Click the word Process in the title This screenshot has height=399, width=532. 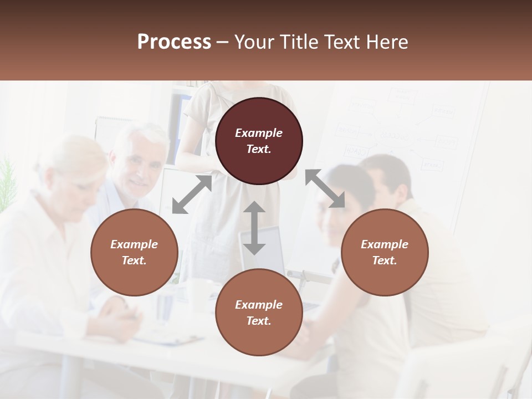coord(174,42)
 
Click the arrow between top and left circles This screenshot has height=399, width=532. coord(192,195)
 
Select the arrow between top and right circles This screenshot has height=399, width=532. coord(325,189)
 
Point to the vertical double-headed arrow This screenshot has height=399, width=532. coord(254,228)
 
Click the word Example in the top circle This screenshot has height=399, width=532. coord(259,133)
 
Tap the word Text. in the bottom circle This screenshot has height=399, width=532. coord(259,321)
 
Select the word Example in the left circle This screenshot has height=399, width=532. coord(134,244)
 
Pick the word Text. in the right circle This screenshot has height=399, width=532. coord(385,260)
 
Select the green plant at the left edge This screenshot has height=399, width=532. coord(7,183)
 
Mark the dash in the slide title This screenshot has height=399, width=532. coord(223,43)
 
